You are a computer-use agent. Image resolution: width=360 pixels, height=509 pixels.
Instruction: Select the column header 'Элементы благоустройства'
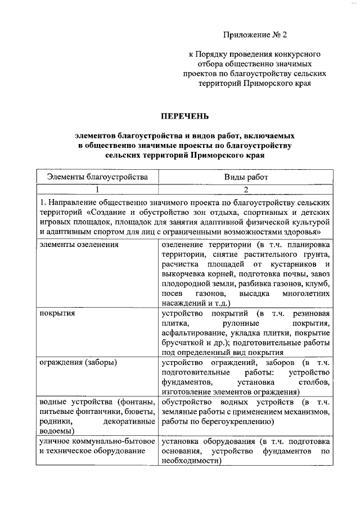(97, 177)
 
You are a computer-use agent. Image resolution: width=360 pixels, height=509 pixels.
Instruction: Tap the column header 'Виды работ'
(246, 177)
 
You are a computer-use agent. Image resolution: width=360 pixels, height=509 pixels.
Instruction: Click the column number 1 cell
(97, 190)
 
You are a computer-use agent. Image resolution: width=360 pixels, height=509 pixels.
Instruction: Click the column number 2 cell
(246, 190)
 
